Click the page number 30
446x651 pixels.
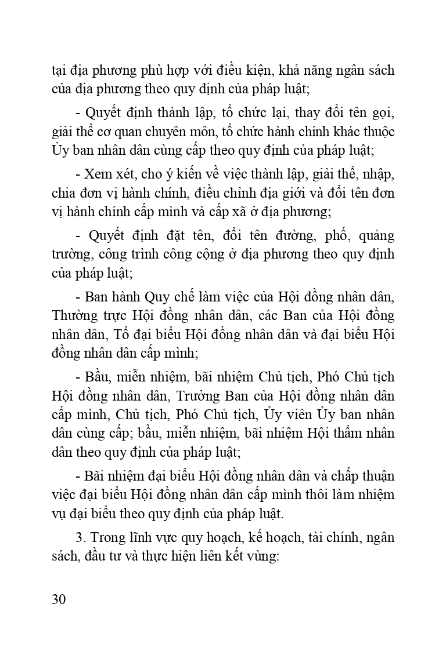(x=58, y=599)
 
